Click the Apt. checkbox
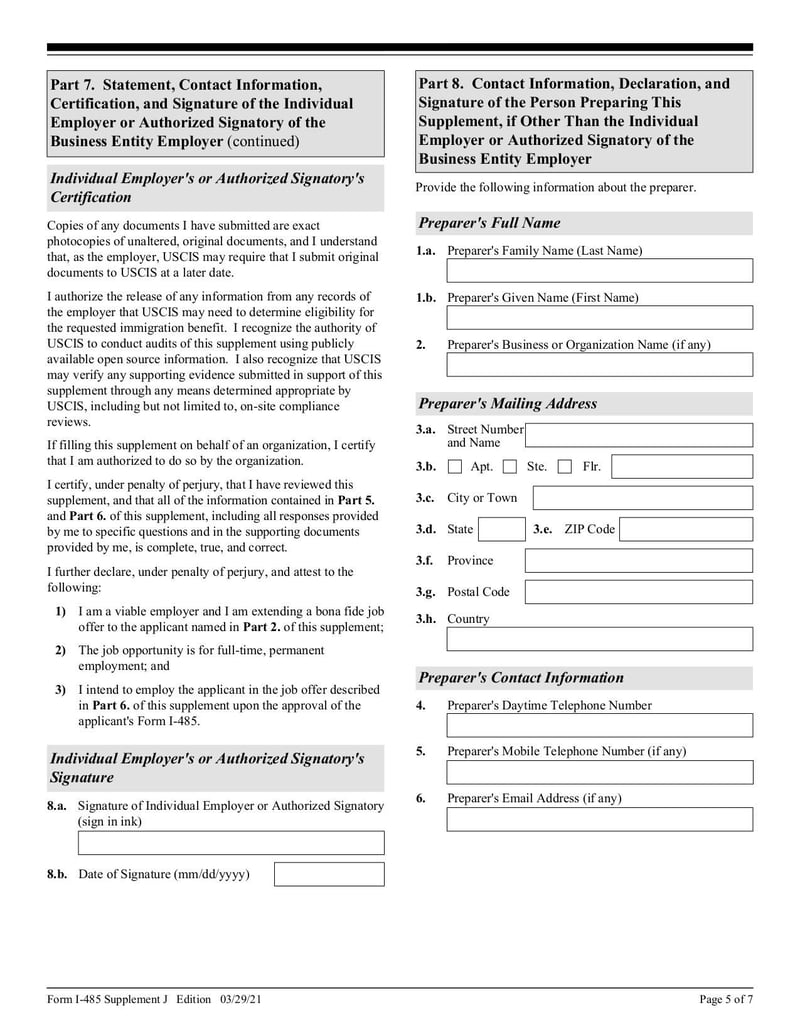[x=455, y=467]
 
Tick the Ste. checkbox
[x=510, y=467]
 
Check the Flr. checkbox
[x=565, y=467]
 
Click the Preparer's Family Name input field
[x=599, y=271]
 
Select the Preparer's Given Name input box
[x=599, y=318]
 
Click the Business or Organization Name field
[x=599, y=365]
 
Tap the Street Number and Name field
[x=638, y=435]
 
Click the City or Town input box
[x=642, y=498]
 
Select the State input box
[x=501, y=530]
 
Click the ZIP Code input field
[x=685, y=530]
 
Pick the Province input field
[x=638, y=561]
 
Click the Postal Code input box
[x=638, y=592]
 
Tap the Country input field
[x=599, y=639]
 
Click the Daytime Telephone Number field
[x=599, y=725]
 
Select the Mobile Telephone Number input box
[x=599, y=772]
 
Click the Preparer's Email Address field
[x=599, y=819]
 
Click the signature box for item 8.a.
[x=231, y=843]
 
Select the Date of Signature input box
[x=329, y=875]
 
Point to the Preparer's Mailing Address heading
[x=508, y=404]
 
